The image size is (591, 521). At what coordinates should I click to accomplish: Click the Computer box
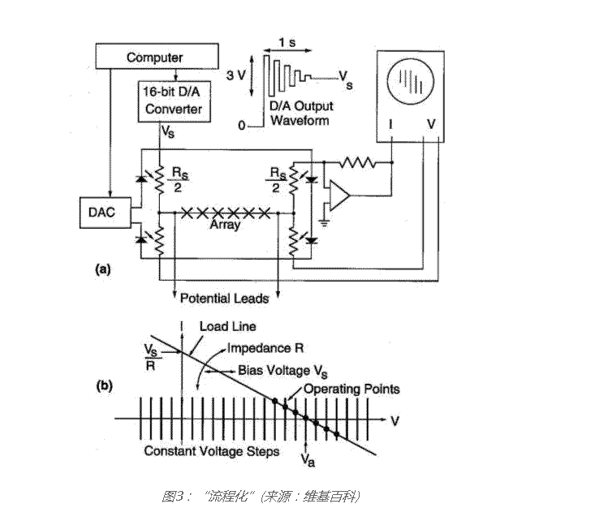click(x=154, y=58)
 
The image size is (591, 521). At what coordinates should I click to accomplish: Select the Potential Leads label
click(x=223, y=298)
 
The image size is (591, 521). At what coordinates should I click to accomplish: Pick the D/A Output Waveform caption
click(x=300, y=114)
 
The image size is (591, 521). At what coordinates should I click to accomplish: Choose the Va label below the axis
click(x=304, y=458)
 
